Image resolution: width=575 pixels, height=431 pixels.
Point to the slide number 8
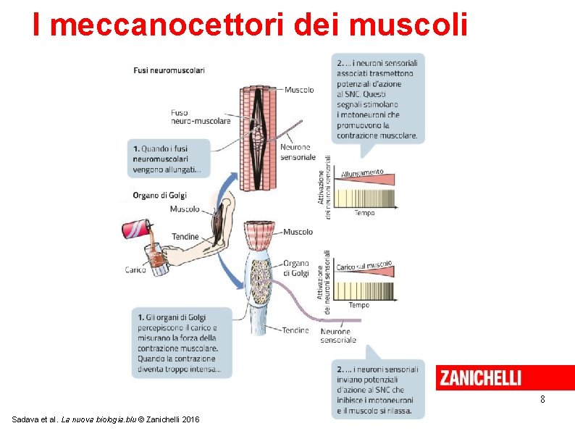point(542,400)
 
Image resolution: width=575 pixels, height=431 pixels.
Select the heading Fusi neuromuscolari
point(169,70)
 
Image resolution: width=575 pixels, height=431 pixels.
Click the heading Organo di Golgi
point(159,195)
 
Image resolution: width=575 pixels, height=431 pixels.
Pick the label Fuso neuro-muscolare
point(201,117)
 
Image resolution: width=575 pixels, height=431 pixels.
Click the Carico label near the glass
point(135,270)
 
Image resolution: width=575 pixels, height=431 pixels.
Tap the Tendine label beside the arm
point(185,237)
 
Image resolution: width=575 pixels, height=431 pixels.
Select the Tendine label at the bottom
point(295,330)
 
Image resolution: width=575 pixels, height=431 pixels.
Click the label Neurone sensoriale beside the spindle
point(297,152)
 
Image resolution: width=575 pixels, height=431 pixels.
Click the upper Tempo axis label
point(364,213)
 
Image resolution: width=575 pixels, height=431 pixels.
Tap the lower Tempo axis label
point(358,305)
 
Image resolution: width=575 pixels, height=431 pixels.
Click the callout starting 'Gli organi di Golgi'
point(181,343)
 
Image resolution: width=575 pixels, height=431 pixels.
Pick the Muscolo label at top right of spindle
point(299,90)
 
